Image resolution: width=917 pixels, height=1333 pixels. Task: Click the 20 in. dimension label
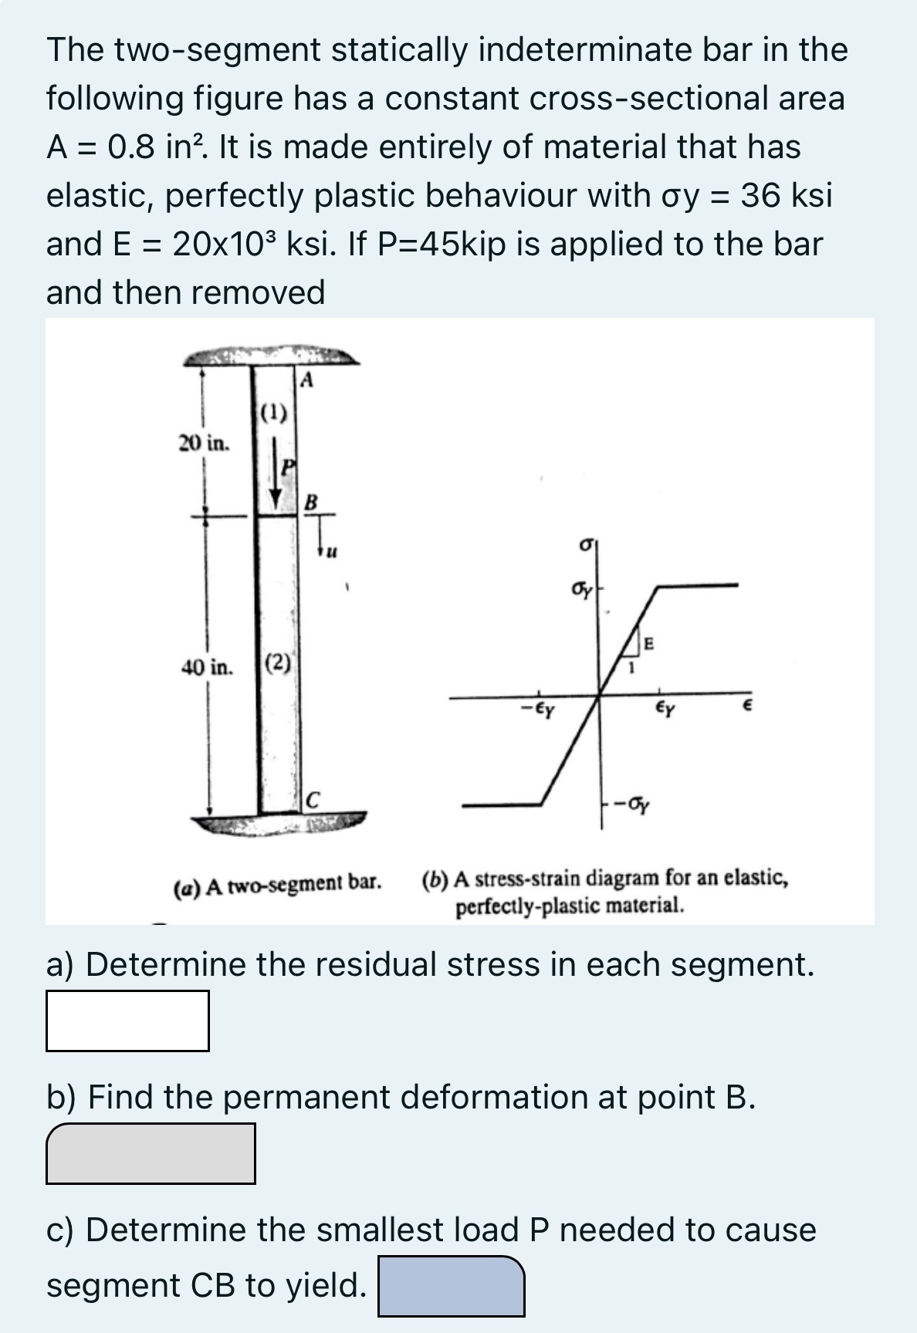coord(204,444)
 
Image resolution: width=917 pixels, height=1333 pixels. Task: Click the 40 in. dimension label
coord(207,667)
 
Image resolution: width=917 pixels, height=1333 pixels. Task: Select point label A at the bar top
coord(306,380)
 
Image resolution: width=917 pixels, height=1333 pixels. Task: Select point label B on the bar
coord(310,502)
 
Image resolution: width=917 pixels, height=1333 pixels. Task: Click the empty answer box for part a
coord(127,1021)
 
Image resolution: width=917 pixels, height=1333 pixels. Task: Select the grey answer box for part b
coord(151,1153)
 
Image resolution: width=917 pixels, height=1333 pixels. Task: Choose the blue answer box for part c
coord(451,1286)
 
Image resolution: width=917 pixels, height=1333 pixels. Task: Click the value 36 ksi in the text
coord(786,195)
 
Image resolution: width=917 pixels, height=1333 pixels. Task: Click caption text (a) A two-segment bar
coord(276,881)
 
